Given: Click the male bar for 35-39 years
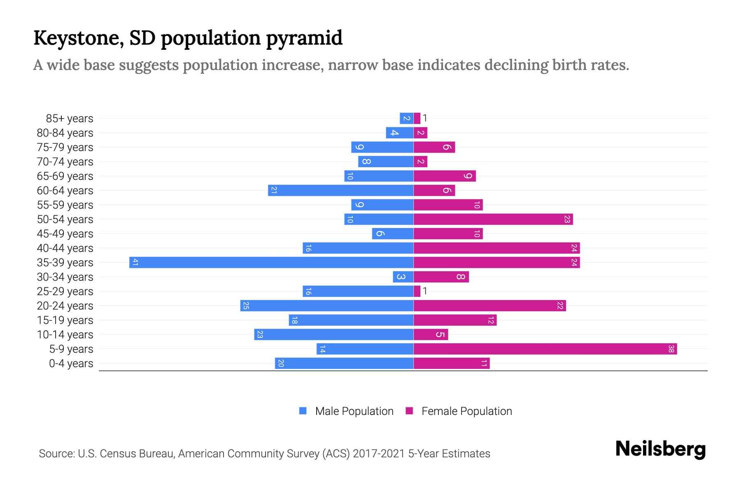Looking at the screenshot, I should pyautogui.click(x=271, y=262).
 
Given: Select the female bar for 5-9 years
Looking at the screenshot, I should pyautogui.click(x=545, y=349).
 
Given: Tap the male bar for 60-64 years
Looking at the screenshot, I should pyautogui.click(x=341, y=190).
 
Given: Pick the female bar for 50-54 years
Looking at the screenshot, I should pyautogui.click(x=493, y=219).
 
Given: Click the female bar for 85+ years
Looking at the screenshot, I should pyautogui.click(x=417, y=118).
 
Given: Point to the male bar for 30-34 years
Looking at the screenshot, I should pyautogui.click(x=403, y=277).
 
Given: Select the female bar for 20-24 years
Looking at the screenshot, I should pyautogui.click(x=489, y=305).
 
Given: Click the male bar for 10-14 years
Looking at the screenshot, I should pyautogui.click(x=334, y=334).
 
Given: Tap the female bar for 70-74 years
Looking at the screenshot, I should pyautogui.click(x=420, y=161).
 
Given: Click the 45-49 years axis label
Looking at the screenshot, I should pyautogui.click(x=65, y=234).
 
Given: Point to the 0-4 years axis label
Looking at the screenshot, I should pyautogui.click(x=71, y=364).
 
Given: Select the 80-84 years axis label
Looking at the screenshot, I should pyautogui.click(x=65, y=133).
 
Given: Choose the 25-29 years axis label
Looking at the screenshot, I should pyautogui.click(x=65, y=291).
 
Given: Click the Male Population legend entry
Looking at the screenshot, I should pyautogui.click(x=354, y=411).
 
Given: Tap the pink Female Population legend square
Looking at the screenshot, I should pyautogui.click(x=409, y=411).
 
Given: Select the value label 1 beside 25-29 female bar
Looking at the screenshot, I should pyautogui.click(x=425, y=291).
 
